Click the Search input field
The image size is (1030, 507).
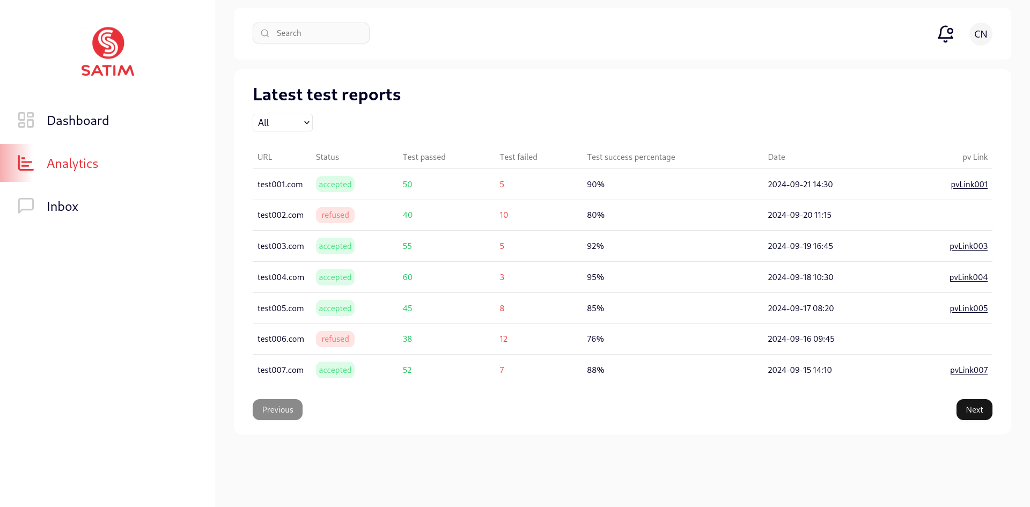[317, 33]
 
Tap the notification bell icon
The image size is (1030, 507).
[945, 34]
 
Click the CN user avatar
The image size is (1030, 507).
[981, 34]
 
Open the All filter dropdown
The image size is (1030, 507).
[283, 123]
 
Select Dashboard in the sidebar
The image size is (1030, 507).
[78, 121]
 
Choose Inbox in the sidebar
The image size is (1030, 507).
[62, 207]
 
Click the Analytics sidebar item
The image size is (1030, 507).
[72, 164]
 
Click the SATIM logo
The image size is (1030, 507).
[108, 52]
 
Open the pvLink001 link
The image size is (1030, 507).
[969, 185]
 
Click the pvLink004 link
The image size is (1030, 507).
[968, 277]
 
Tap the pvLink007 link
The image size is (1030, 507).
[968, 370]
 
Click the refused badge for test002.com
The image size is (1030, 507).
[335, 215]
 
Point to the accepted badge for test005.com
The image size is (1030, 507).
[335, 308]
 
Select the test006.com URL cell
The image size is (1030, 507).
[281, 339]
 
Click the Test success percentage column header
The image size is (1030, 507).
[631, 157]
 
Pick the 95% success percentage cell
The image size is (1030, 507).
[595, 277]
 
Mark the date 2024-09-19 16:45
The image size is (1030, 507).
[800, 246]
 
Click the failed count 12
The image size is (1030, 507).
[503, 339]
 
